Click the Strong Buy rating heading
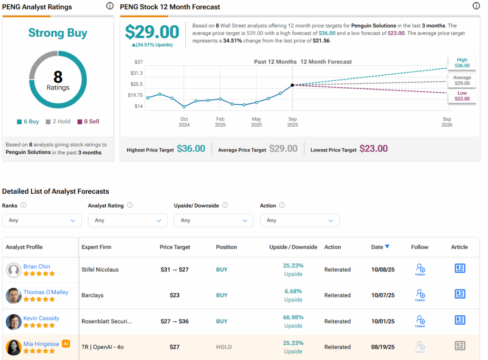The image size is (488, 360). coord(58,33)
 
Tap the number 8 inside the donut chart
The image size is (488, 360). coord(58,77)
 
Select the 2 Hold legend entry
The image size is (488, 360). coord(58,121)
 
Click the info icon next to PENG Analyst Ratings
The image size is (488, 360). coord(110,6)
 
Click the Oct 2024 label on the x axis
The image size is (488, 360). coord(184,122)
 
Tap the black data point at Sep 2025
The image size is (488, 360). coord(292,85)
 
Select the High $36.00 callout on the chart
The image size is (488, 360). coord(462,63)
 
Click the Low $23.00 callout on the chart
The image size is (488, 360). coord(462,96)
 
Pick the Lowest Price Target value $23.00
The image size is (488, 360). coord(374,149)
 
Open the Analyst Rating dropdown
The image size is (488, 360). coord(128,220)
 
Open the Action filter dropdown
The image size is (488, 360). coord(300,220)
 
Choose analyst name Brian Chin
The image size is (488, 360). coord(37,267)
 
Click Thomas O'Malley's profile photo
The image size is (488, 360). coord(13,296)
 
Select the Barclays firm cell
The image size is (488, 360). coord(92,295)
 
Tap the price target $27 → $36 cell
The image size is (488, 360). coord(175,321)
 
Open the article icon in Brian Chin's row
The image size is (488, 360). coord(459,269)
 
